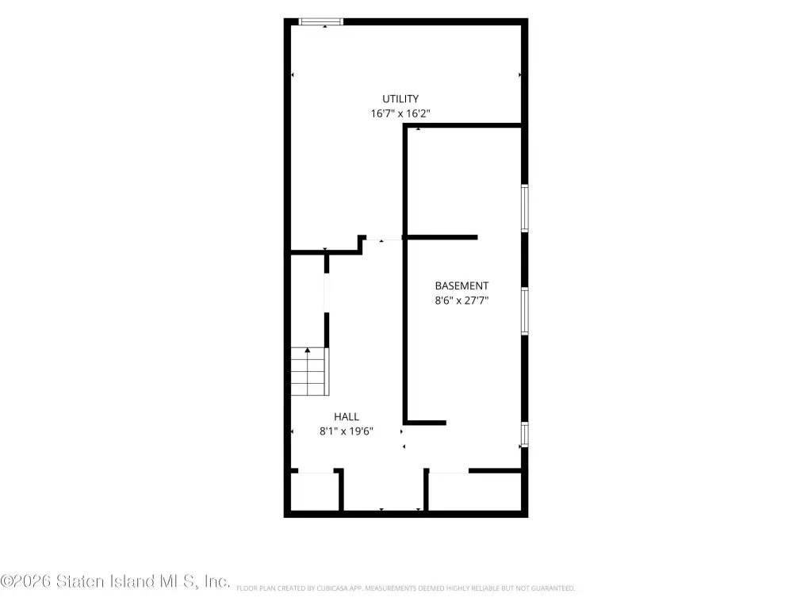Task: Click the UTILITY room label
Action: point(400,99)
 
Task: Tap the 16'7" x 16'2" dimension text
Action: point(400,113)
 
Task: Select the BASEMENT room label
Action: point(462,285)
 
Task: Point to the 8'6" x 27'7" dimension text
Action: point(462,301)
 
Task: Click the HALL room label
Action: point(347,417)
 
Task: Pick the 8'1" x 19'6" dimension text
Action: point(347,431)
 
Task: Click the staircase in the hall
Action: point(310,371)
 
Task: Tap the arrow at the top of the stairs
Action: point(308,350)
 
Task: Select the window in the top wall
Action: point(321,21)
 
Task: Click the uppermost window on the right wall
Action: point(525,209)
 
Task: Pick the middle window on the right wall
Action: point(525,311)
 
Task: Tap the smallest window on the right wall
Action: point(525,435)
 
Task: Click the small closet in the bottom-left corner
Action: point(314,491)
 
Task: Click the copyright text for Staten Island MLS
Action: point(115,581)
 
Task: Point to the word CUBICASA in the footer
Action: point(331,588)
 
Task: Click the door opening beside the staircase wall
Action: point(326,293)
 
